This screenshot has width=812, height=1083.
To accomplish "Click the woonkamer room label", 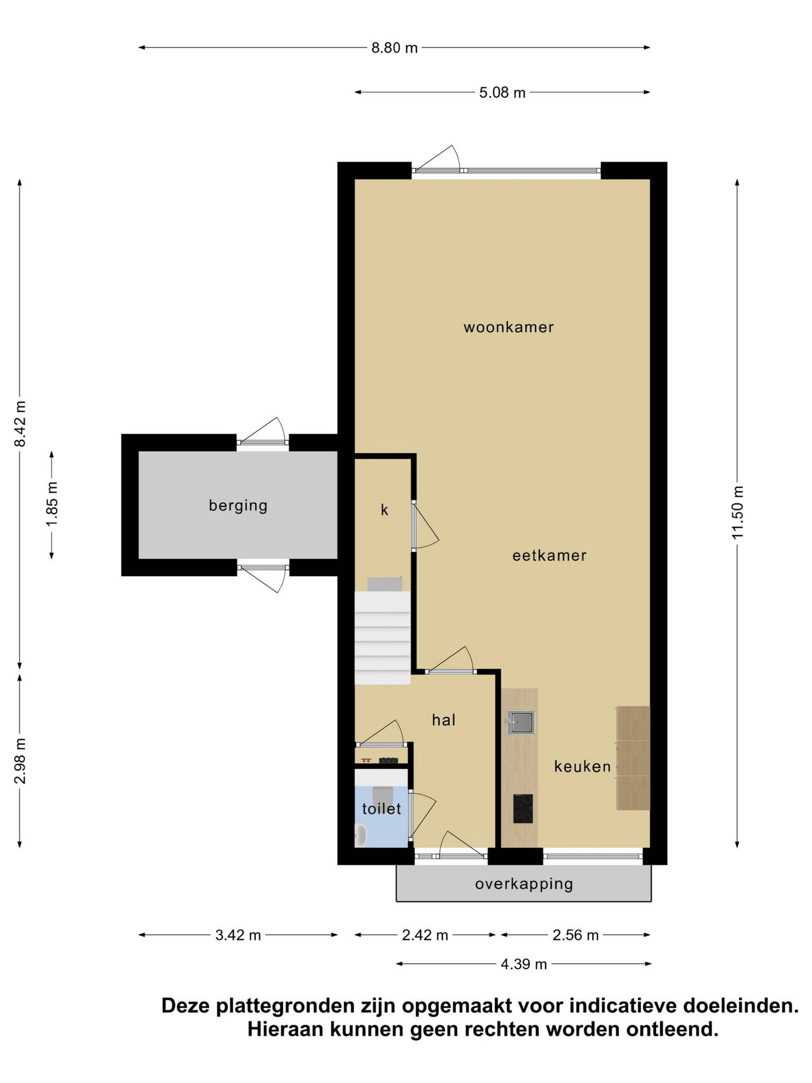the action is click(508, 327).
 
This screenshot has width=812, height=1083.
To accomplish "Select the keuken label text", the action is click(582, 766).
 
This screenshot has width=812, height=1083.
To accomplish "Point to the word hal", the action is click(444, 720).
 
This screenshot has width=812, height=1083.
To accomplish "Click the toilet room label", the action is click(381, 808).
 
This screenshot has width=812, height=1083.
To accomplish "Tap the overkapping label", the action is click(524, 884).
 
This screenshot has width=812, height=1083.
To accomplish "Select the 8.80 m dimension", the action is click(395, 48).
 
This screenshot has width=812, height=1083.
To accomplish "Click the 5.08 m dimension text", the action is click(502, 93).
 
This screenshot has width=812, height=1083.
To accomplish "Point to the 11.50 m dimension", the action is click(738, 512).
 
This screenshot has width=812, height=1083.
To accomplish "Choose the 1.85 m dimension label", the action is click(52, 505).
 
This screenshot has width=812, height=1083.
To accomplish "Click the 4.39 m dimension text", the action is click(524, 964).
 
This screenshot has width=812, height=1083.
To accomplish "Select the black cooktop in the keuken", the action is click(523, 808).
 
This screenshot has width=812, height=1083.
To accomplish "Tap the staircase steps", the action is click(382, 638).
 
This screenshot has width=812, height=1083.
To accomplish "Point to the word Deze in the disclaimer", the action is click(186, 1006).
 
